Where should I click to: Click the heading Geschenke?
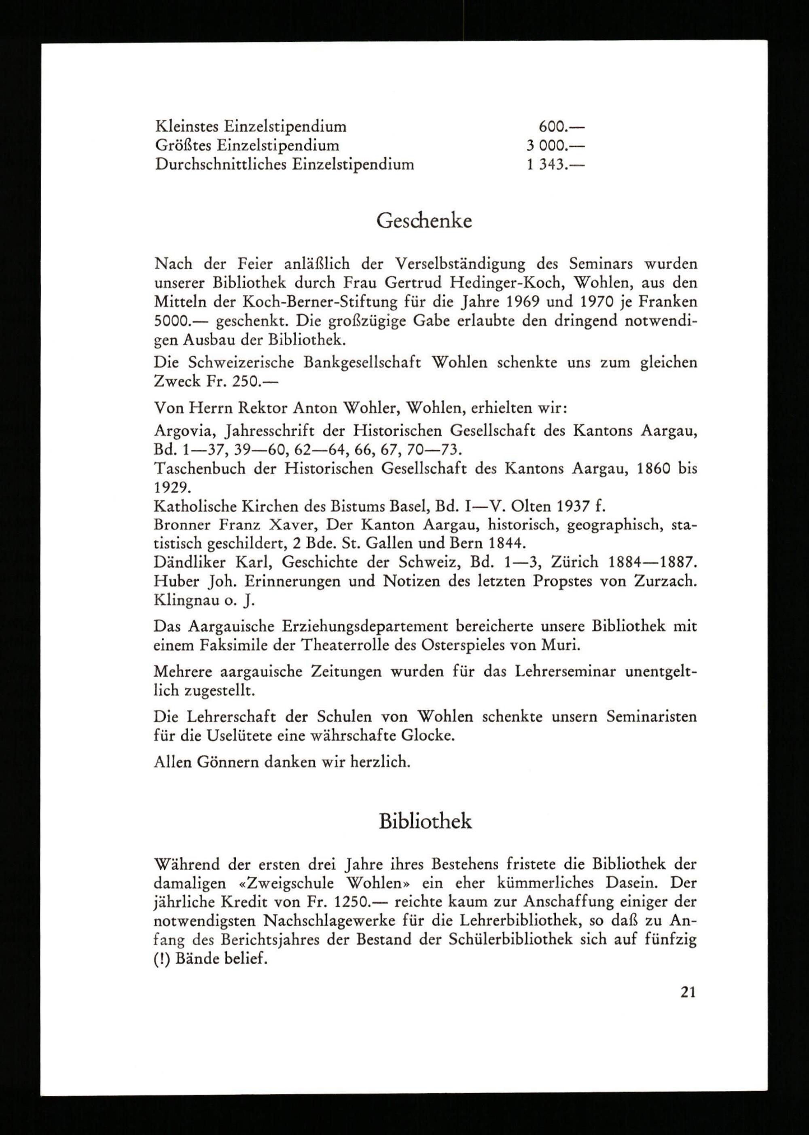click(424, 220)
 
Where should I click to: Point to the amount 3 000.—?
click(555, 146)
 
